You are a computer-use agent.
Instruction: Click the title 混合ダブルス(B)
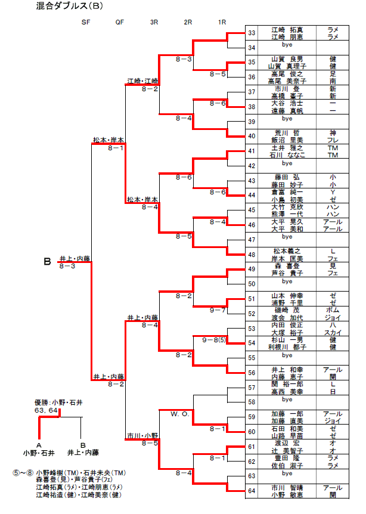[x=71, y=7]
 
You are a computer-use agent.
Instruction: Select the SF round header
[x=87, y=22]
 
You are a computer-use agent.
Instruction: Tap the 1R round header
[x=222, y=22]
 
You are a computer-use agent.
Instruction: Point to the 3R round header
[x=154, y=22]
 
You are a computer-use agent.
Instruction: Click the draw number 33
[x=252, y=33]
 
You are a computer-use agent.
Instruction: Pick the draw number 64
[x=252, y=491]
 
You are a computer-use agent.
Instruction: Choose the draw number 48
[x=252, y=255]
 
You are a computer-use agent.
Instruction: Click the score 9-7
[x=218, y=310]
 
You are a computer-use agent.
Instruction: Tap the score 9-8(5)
[x=215, y=340]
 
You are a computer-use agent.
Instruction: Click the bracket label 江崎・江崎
[x=142, y=80]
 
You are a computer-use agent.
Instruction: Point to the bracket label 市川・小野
[x=142, y=436]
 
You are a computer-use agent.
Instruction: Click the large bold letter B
[x=48, y=261]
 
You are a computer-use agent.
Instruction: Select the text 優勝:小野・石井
[x=53, y=402]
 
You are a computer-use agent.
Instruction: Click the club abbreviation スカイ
[x=332, y=332]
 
